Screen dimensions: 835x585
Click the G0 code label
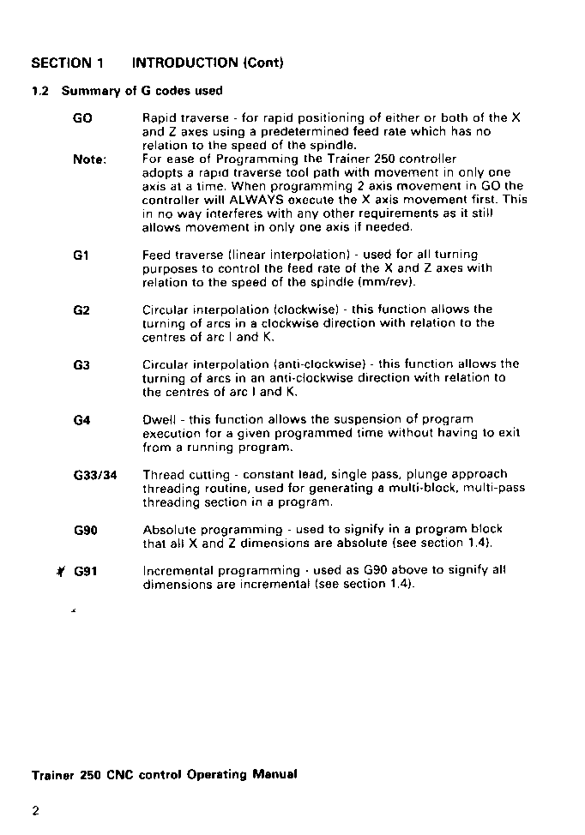click(x=83, y=118)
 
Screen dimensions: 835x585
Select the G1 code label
click(x=82, y=255)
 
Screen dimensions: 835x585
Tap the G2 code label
click(x=82, y=309)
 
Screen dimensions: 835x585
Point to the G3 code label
click(x=82, y=364)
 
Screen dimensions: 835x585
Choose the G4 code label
click(x=82, y=420)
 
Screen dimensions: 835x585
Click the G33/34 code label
click(x=95, y=475)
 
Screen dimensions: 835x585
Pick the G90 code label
click(x=86, y=530)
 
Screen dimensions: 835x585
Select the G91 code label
click(x=86, y=571)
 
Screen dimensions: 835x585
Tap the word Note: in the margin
click(x=89, y=159)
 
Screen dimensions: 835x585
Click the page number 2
click(x=36, y=811)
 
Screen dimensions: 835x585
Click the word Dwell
click(x=160, y=419)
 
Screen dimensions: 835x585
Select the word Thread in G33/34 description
click(x=163, y=474)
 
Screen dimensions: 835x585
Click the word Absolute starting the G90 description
click(x=168, y=529)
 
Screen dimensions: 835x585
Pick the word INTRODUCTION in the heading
click(x=184, y=63)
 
